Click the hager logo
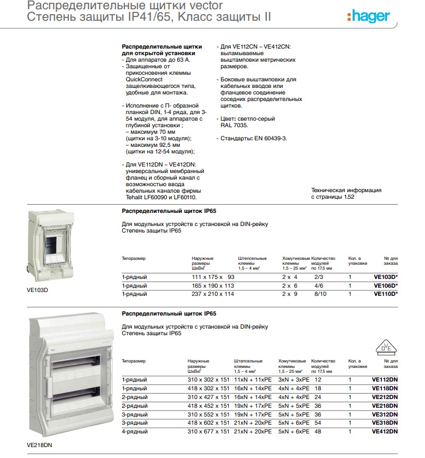(368, 17)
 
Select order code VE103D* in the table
(385, 277)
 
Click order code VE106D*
(385, 285)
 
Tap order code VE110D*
(385, 294)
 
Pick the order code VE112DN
(385, 379)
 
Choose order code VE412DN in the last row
(385, 432)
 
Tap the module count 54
(318, 423)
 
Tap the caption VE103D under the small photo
(38, 290)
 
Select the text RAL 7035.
(234, 125)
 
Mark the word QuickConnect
(144, 80)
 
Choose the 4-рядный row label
(134, 432)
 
